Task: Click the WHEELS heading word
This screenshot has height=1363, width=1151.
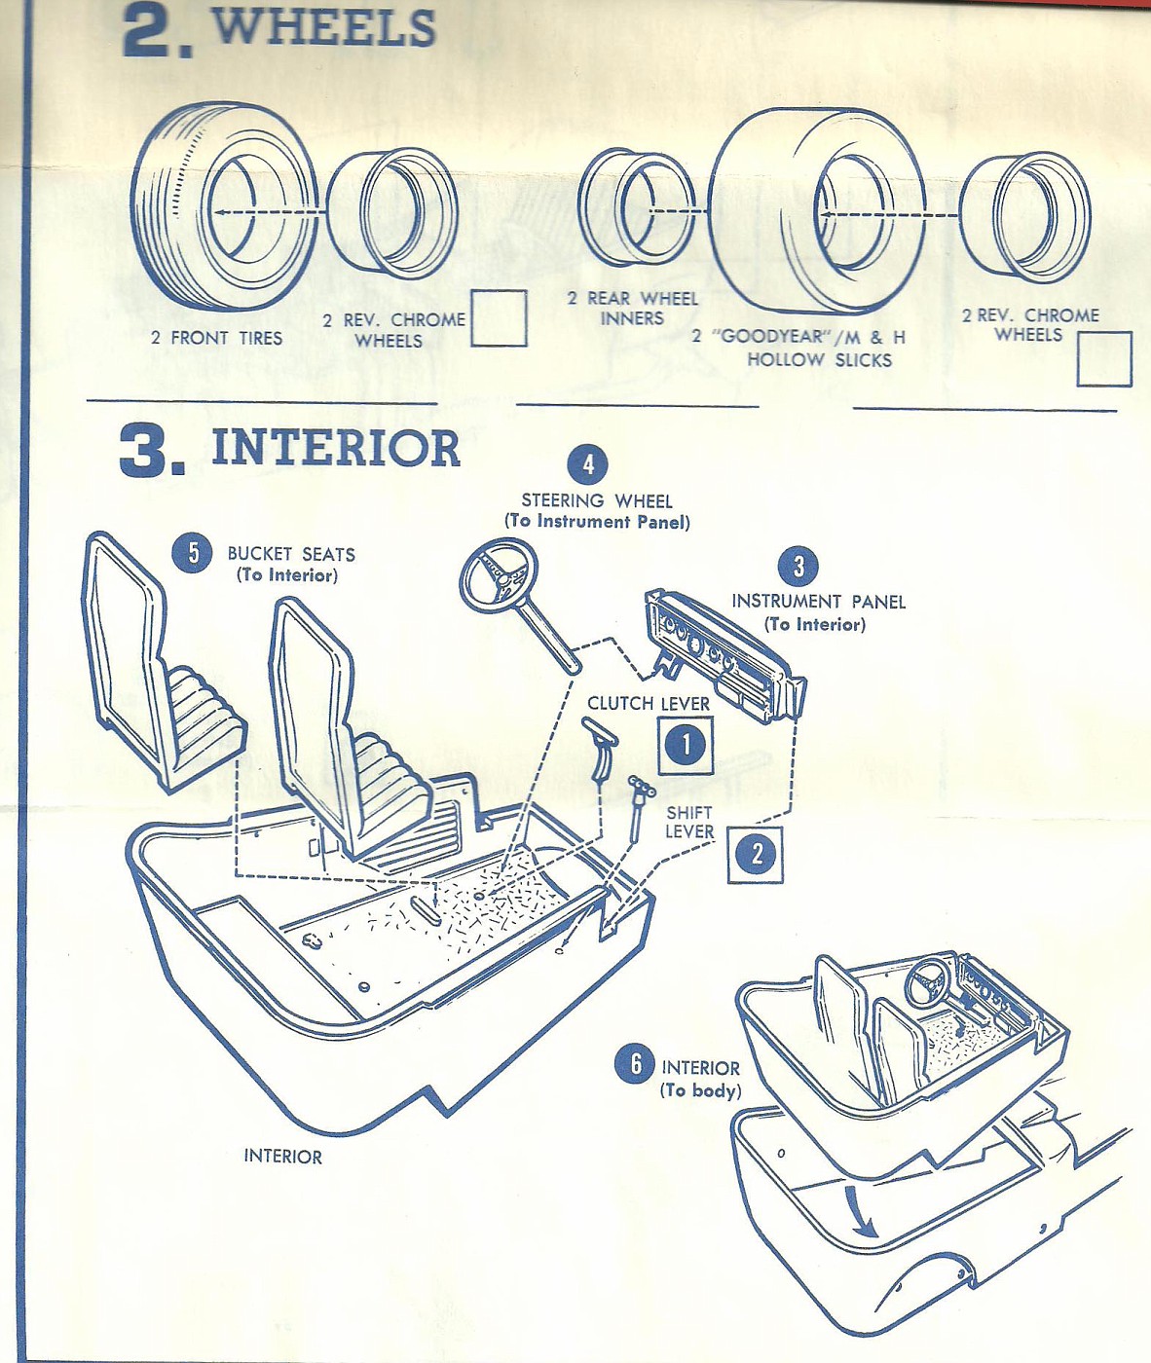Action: [x=323, y=26]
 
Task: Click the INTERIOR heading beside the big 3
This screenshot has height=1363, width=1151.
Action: [x=335, y=449]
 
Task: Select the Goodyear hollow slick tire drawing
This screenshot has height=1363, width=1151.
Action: [x=818, y=209]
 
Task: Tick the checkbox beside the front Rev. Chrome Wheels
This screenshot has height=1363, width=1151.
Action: [x=499, y=318]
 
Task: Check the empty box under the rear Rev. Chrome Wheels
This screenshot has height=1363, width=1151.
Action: [x=1104, y=359]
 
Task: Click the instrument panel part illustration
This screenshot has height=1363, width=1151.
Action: [x=725, y=653]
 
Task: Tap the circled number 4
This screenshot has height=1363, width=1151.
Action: [x=588, y=464]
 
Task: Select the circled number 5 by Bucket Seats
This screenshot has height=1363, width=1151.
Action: [x=192, y=553]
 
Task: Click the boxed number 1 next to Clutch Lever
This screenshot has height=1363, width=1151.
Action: [x=686, y=746]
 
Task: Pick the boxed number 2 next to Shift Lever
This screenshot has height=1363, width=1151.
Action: [x=755, y=855]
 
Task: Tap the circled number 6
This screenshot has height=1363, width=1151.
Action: [x=635, y=1063]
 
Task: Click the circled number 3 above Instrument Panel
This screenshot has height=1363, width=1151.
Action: [x=798, y=566]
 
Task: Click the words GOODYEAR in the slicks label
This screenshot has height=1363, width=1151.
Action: [x=769, y=337]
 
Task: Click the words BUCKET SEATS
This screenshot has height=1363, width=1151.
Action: [x=290, y=554]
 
